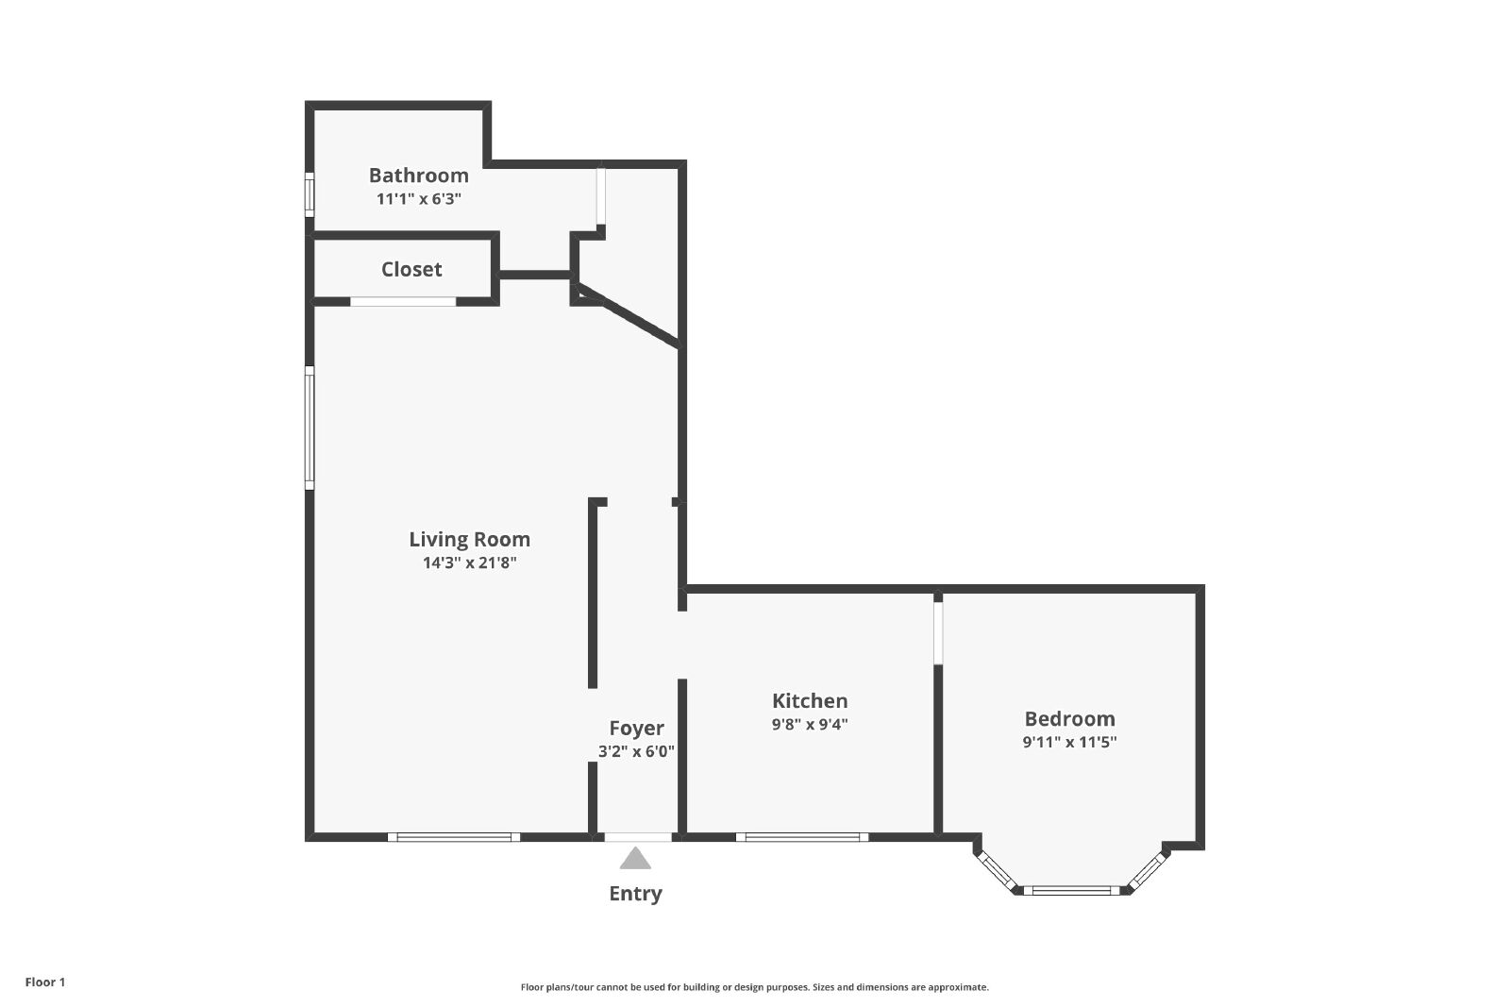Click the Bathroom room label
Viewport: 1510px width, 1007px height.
(x=419, y=176)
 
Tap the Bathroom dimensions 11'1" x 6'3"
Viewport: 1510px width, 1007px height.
(x=419, y=199)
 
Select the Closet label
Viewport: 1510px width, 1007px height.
(x=411, y=270)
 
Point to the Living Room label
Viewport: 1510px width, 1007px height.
(x=470, y=539)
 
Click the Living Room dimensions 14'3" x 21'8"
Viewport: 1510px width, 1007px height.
(x=470, y=562)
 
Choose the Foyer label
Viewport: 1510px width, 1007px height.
(x=636, y=729)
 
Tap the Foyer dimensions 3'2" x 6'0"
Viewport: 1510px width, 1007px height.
(x=636, y=751)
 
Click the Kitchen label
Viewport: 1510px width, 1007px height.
(x=810, y=701)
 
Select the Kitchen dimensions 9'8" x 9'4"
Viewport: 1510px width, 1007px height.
(x=810, y=725)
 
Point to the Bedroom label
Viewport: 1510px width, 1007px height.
(x=1070, y=718)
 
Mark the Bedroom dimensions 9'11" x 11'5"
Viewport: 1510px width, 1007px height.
(x=1070, y=742)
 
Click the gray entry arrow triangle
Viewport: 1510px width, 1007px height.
(x=636, y=859)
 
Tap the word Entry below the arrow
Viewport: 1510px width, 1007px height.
(x=636, y=894)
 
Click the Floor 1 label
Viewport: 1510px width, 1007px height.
(x=45, y=982)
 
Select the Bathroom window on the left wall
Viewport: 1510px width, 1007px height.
(x=310, y=194)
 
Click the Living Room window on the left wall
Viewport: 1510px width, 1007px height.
(x=310, y=428)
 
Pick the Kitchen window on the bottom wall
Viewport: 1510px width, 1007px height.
(x=802, y=837)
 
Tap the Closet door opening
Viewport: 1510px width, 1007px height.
(x=403, y=301)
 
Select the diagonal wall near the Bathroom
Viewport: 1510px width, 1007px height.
(x=629, y=316)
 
